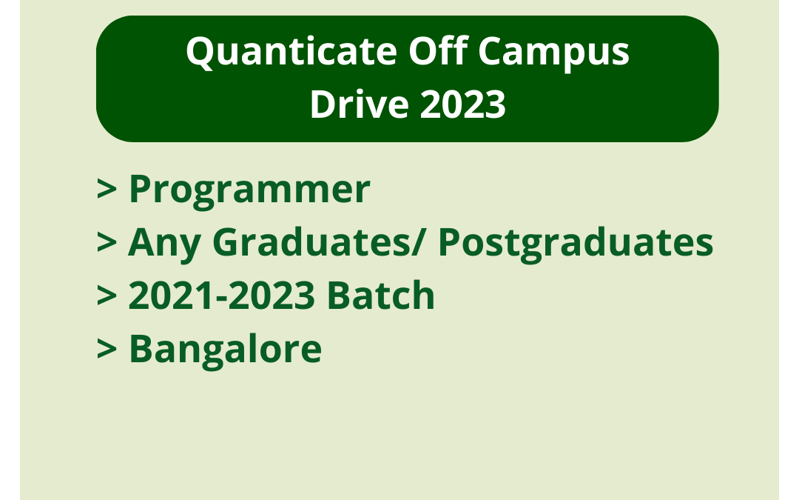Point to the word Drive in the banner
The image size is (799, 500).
click(359, 104)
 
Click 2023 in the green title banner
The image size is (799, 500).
click(463, 104)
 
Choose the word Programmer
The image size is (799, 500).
click(249, 190)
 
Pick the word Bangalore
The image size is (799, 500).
click(226, 349)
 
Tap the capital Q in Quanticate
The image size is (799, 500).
click(200, 53)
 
